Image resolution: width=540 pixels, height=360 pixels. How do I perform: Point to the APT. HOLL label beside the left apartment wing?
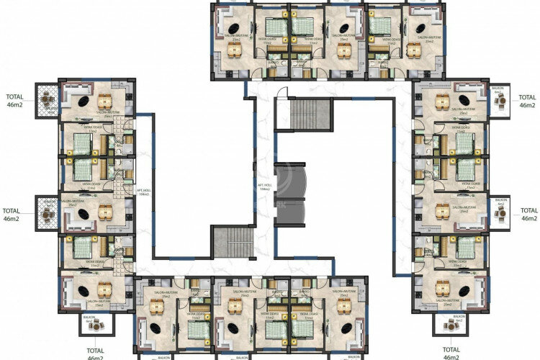point(143,191)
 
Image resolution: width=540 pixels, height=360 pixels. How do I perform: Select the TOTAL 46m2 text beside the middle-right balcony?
point(528,214)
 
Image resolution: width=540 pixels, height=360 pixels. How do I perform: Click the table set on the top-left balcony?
point(48,99)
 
